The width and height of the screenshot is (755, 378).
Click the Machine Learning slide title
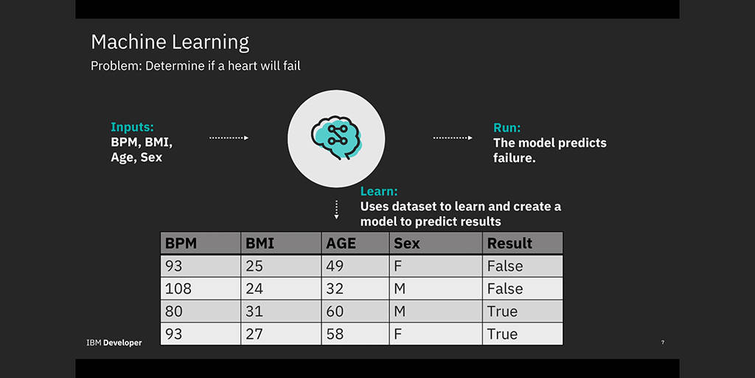(170, 42)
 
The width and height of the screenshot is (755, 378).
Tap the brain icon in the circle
(336, 137)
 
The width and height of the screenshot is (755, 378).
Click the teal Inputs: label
(133, 127)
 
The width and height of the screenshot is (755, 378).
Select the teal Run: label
(507, 128)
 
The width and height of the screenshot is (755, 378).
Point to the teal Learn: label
(379, 191)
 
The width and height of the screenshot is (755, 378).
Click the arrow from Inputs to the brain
(229, 138)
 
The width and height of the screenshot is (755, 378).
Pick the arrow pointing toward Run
(453, 138)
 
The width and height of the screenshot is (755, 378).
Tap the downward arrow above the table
(336, 210)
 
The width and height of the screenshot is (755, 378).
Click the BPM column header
(181, 243)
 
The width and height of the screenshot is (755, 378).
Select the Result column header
(510, 243)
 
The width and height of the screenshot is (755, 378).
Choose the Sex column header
(407, 243)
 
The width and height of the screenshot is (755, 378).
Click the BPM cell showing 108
(178, 289)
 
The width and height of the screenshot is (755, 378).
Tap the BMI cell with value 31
(254, 312)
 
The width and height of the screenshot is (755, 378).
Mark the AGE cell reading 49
(335, 266)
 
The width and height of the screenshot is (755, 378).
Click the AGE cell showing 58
(335, 334)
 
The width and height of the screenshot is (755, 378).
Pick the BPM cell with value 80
(174, 312)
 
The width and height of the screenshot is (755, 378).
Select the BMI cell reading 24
(254, 289)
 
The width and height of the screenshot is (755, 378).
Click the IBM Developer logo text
(114, 343)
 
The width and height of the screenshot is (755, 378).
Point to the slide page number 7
(663, 343)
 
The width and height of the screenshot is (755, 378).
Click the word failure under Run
(514, 158)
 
